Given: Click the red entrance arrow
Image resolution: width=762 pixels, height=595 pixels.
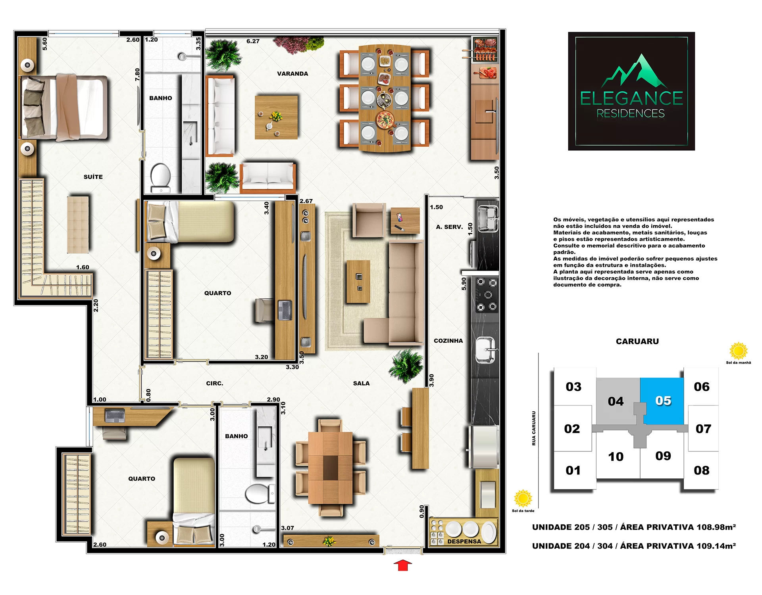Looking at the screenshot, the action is [403, 565].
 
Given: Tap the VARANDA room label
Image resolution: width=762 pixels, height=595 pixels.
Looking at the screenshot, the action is [292, 74].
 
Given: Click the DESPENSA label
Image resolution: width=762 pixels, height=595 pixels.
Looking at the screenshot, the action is [464, 541].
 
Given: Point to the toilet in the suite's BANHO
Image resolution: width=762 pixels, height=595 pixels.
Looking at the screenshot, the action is [161, 177].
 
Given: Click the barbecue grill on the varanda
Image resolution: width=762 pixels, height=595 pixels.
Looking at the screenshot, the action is [485, 50].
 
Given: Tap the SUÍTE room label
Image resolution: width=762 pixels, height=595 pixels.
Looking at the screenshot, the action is [93, 177].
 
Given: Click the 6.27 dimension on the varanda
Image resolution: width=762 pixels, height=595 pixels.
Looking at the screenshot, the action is [253, 41].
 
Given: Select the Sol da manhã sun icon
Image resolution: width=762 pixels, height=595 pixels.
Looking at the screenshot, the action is [738, 351].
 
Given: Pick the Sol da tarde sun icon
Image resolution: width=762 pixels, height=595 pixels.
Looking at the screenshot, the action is [523, 498].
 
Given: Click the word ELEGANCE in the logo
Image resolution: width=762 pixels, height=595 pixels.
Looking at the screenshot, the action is [631, 98].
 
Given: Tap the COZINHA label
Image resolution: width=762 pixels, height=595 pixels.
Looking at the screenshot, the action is [448, 341].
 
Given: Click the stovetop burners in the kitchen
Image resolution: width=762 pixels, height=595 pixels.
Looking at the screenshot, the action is [487, 294].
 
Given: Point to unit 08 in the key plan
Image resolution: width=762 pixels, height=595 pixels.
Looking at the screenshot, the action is [701, 470].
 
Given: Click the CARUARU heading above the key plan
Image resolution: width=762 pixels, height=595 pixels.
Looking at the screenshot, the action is [637, 342].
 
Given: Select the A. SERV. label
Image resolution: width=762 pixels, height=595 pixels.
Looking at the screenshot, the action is [449, 227].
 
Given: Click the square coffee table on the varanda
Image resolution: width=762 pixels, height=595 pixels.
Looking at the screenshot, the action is [276, 117].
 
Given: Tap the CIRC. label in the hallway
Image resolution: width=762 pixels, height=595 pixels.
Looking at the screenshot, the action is [215, 384].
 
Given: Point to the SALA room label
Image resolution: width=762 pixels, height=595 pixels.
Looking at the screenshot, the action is [361, 384].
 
